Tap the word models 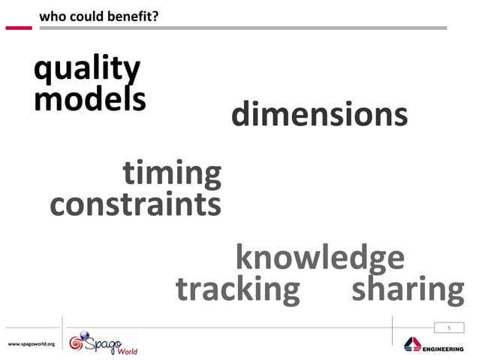coord(90,99)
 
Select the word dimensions coord(320,115)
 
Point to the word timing coord(172,174)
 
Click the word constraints coord(135,204)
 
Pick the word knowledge coord(320,258)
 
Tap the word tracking coord(237,289)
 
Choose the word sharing coord(407,289)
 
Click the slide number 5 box coord(449,328)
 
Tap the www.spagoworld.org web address coord(32,343)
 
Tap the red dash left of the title coord(19,28)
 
